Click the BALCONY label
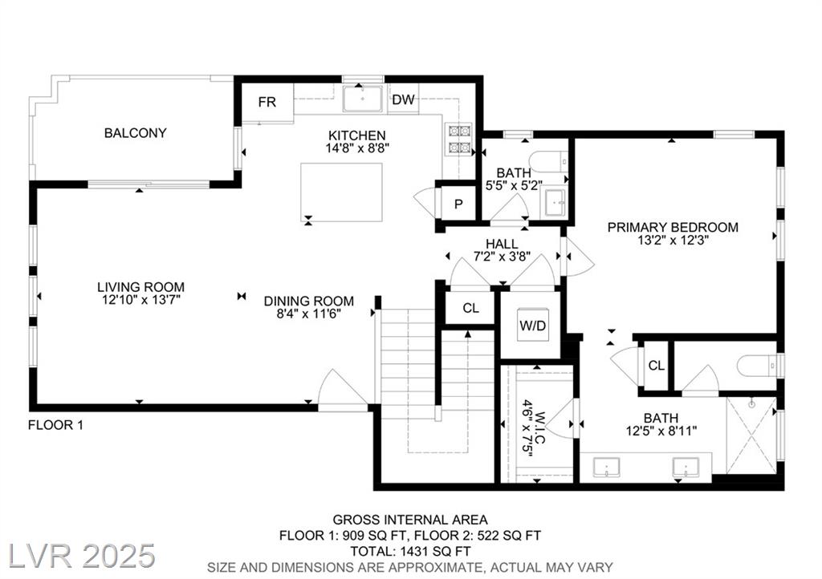point(135,133)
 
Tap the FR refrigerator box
point(267,103)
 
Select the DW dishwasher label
point(403,99)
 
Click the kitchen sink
point(362,99)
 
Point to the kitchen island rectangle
point(341,192)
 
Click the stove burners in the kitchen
point(458,140)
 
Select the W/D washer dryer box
point(533,325)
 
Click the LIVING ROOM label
point(140,287)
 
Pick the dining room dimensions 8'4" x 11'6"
point(309,314)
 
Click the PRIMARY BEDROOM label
point(673,227)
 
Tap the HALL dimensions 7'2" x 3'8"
point(502,257)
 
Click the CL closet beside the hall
point(470,309)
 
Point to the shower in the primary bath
point(751,435)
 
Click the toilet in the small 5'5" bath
point(548,160)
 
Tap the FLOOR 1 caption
point(55,425)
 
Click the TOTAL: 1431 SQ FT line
point(410,551)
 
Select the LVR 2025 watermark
point(83,556)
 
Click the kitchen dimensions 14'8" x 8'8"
point(357,148)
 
